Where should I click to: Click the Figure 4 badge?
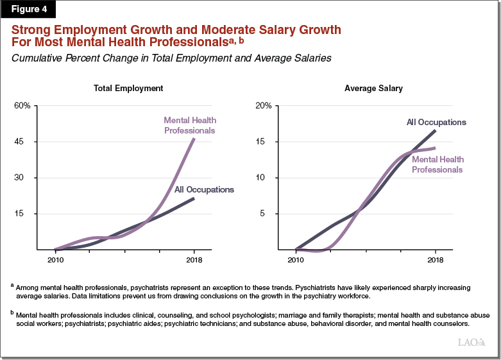click(28, 10)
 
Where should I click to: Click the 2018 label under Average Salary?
click(435, 260)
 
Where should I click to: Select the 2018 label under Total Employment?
click(194, 260)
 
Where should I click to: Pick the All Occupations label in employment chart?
click(204, 189)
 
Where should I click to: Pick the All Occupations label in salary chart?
click(436, 122)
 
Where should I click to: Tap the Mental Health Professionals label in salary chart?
click(437, 164)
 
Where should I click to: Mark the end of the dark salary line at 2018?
click(436, 130)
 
